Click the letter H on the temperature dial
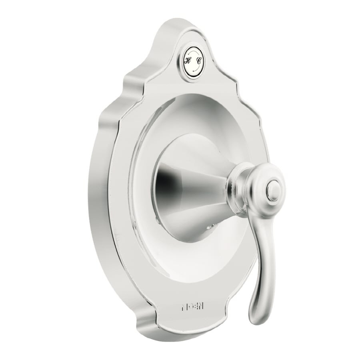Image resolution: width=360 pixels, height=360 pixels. pos(187,61)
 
